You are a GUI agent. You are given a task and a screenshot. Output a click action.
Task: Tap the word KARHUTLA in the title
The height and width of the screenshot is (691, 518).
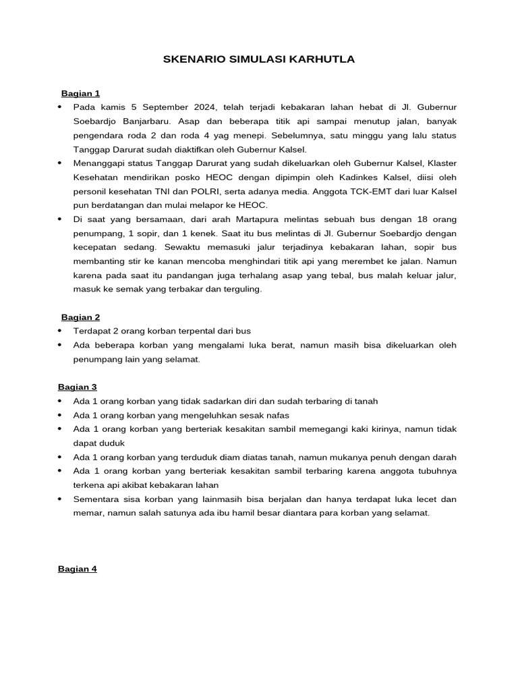pos(326,60)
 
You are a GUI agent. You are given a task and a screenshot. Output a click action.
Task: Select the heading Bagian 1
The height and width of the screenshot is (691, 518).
pos(80,93)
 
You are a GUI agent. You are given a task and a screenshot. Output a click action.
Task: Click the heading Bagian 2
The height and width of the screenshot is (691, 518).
pos(80,316)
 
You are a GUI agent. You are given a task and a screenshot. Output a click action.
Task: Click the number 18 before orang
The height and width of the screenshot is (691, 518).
pos(386,219)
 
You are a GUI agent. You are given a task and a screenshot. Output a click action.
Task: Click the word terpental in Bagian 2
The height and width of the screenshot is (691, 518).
pos(177,331)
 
